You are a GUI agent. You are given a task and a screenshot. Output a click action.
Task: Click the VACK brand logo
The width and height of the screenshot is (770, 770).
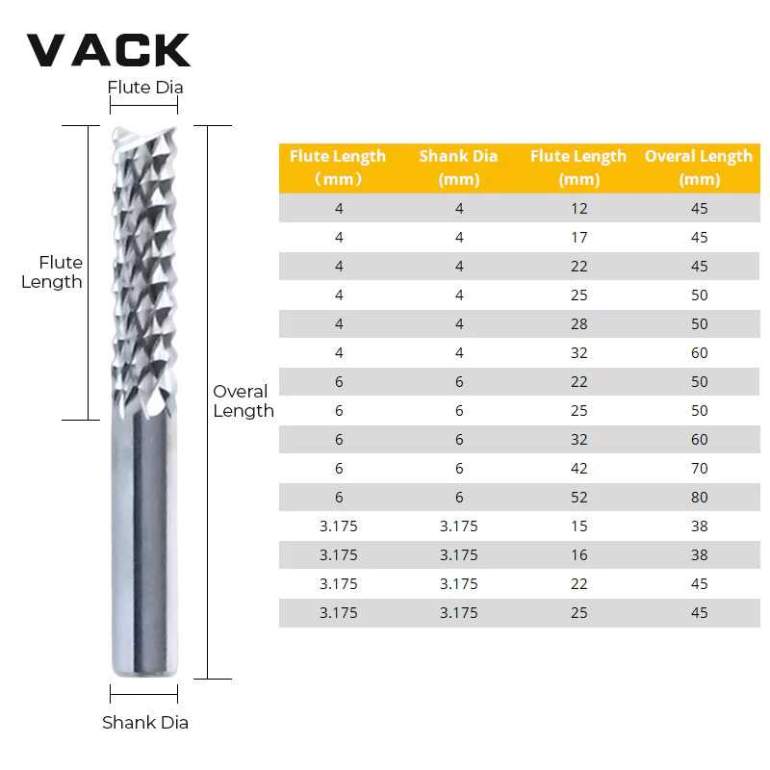click(x=108, y=50)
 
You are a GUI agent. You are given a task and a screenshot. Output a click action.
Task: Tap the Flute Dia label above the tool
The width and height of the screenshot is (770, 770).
click(x=145, y=88)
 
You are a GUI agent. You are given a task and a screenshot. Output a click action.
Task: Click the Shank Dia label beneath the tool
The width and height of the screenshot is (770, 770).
click(x=145, y=722)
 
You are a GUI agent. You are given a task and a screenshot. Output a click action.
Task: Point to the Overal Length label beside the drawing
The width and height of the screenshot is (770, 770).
click(x=243, y=401)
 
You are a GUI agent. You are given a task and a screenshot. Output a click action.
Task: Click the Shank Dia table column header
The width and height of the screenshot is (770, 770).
click(x=458, y=167)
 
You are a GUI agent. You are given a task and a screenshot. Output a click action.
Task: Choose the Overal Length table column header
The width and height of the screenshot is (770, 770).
click(x=699, y=167)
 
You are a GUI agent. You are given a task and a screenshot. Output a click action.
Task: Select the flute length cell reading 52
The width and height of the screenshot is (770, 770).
click(x=578, y=498)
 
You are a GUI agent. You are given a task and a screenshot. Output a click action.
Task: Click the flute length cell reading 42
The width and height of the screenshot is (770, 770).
click(x=578, y=469)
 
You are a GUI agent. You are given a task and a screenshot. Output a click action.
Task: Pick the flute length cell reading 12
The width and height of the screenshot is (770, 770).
click(x=578, y=209)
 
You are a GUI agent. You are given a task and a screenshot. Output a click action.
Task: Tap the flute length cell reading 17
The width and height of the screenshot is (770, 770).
click(x=578, y=238)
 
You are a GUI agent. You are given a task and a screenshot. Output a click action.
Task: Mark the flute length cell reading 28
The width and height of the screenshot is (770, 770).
click(x=578, y=324)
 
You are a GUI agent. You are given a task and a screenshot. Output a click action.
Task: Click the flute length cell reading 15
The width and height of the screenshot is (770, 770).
click(x=578, y=526)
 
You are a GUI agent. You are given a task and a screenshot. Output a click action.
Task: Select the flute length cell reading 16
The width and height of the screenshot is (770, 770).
click(x=578, y=555)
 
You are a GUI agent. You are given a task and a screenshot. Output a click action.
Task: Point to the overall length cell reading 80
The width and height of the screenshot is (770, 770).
click(x=699, y=498)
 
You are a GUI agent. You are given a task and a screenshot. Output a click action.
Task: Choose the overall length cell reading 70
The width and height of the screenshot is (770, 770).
click(x=699, y=469)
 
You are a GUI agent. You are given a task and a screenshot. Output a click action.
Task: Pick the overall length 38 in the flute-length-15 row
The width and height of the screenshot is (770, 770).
click(x=699, y=526)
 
